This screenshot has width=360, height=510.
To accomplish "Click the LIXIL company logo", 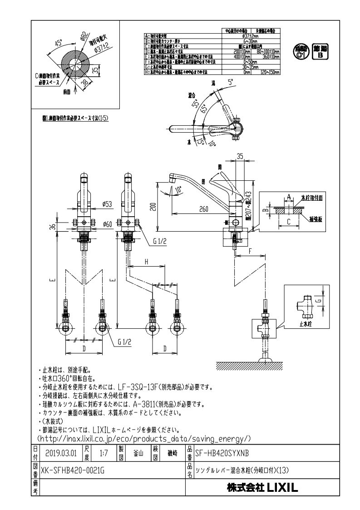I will tap(262, 488).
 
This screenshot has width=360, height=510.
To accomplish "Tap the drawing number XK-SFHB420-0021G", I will tap(73, 470).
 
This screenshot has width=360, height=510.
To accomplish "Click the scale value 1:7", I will tap(103, 453).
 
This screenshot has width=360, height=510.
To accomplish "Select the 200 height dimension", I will tap(153, 207).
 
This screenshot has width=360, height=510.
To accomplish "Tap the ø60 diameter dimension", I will tap(108, 223).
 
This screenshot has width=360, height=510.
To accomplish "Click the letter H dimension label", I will tap(147, 262).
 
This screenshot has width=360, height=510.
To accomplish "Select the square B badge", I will tap(321, 52).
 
